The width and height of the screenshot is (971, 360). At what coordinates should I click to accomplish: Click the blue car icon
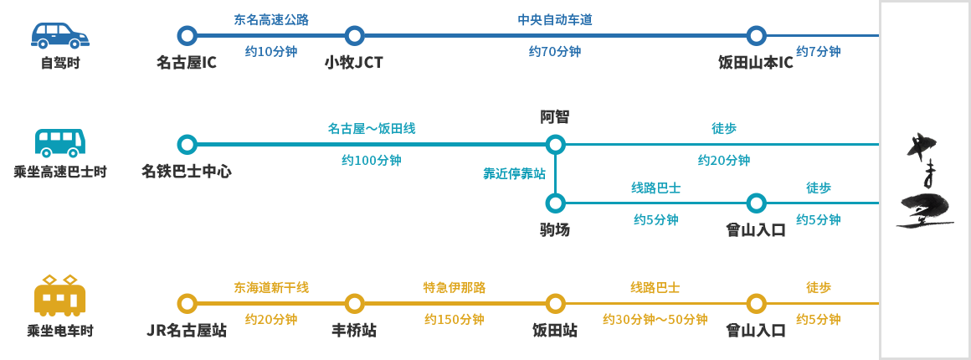tap(60, 36)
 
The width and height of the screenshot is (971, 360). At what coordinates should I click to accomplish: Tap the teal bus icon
tap(60, 143)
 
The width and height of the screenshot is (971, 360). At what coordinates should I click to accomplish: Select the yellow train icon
tap(60, 295)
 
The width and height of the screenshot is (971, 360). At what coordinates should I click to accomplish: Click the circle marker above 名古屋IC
tap(187, 36)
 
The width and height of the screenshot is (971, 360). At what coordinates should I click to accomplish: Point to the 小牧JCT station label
tap(354, 63)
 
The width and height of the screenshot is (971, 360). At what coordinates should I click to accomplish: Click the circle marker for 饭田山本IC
tap(756, 36)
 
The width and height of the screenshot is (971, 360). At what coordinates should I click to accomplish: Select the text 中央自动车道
tap(555, 19)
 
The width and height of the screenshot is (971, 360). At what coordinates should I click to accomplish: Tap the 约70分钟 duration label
tap(555, 52)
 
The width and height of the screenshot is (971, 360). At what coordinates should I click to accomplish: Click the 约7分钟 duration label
tap(818, 52)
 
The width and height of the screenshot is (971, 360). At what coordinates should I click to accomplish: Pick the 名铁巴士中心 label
tap(187, 172)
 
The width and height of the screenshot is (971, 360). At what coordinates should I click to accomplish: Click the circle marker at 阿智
tap(555, 145)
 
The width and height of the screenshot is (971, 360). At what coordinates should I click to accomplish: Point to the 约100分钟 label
tap(371, 161)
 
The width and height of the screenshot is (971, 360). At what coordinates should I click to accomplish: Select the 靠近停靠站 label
tap(514, 174)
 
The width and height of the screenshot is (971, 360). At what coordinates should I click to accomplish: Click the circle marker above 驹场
tap(555, 203)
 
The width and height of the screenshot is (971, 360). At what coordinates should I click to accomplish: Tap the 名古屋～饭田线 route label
tap(371, 129)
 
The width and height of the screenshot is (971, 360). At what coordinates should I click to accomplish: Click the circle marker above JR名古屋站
tap(187, 303)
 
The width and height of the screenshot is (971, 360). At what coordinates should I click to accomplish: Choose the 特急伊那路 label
tap(454, 288)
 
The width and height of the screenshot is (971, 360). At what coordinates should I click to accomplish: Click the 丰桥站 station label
tap(354, 331)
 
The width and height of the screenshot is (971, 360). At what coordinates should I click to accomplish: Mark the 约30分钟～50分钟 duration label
tap(655, 320)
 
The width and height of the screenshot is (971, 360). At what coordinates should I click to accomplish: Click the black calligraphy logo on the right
tap(924, 180)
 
